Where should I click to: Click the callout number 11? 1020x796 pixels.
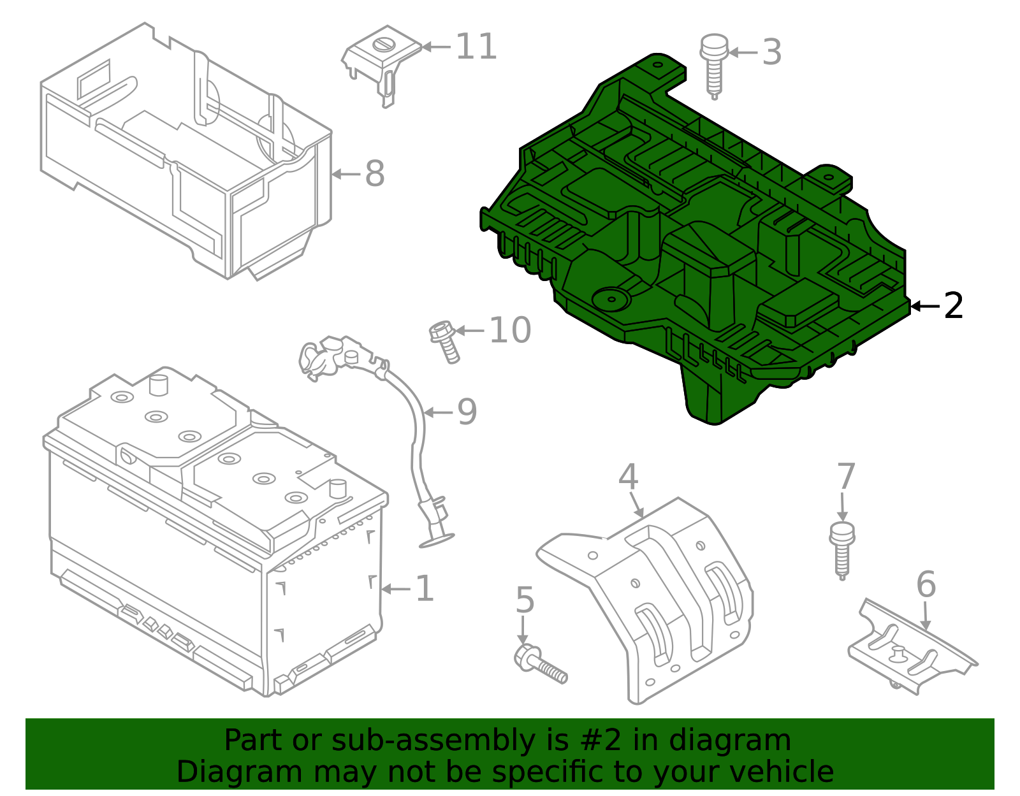point(476,47)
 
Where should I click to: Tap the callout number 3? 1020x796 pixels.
point(771,52)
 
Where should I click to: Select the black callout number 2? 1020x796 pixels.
point(953,307)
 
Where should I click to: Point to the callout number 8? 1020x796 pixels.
point(375,174)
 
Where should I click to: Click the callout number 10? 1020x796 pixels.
point(510,330)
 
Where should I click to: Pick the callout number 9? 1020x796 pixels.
point(467,412)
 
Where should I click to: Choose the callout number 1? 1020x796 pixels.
point(425,589)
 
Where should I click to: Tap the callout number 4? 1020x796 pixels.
point(628,477)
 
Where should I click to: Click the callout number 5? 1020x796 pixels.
point(524,600)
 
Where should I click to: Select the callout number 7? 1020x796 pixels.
point(845,477)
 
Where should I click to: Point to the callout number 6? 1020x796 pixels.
point(926,584)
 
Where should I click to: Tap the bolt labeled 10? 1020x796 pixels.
point(444,342)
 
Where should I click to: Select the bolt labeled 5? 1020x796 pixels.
point(539,664)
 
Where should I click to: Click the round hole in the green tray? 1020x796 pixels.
point(610,299)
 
